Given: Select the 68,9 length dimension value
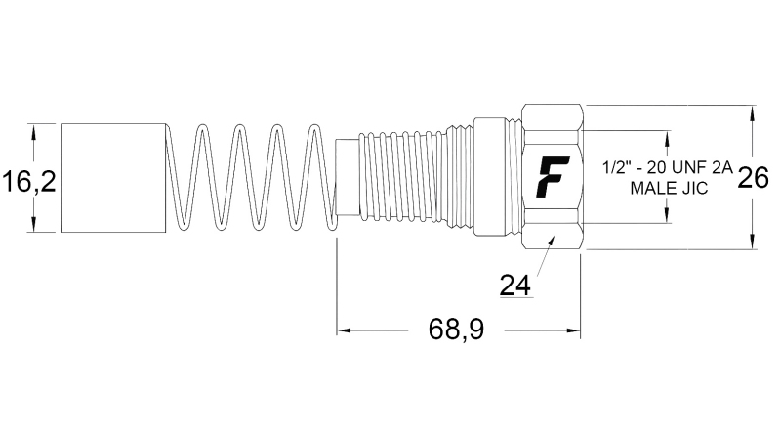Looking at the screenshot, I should point(456,330).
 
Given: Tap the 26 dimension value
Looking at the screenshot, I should point(752,178).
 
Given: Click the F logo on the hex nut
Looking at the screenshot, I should point(554,176).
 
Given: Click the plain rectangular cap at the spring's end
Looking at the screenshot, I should point(113,178).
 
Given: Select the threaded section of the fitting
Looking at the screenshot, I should point(415,177).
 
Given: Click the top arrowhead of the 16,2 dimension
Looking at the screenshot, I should point(34,129).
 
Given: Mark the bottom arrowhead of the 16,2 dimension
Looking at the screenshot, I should point(34,227).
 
